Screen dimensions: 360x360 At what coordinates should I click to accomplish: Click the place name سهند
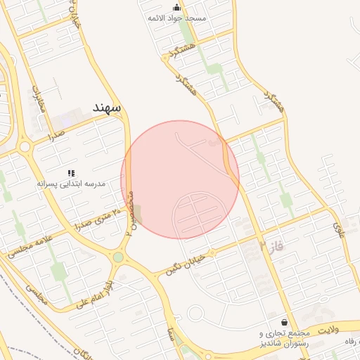[x=107, y=108]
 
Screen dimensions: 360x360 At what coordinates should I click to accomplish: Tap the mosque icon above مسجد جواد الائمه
[x=176, y=7]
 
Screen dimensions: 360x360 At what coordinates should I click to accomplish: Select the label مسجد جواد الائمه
[x=176, y=18]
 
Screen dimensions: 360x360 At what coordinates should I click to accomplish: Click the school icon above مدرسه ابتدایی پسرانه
[x=71, y=172]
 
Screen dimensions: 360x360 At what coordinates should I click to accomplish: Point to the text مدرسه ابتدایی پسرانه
[x=71, y=183]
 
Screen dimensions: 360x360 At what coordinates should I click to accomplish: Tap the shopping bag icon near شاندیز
[x=284, y=321]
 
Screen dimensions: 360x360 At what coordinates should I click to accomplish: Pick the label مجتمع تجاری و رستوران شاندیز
[x=284, y=337]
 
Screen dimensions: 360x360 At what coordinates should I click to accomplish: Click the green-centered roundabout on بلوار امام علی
[x=118, y=257]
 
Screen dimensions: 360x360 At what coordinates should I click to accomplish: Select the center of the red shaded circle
[x=180, y=179]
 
